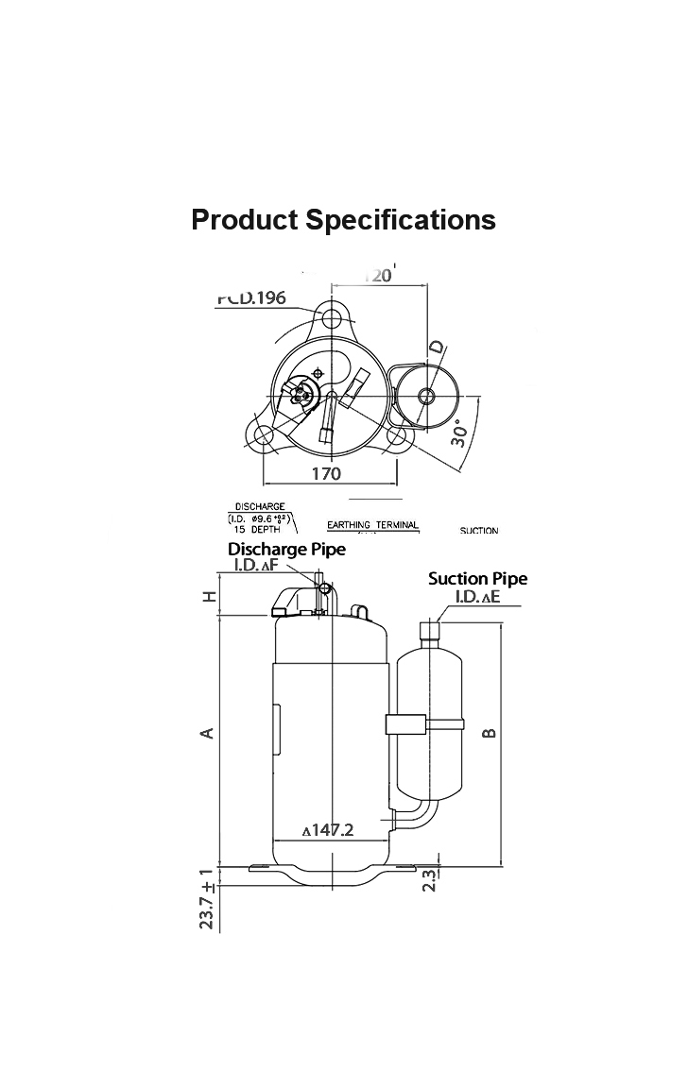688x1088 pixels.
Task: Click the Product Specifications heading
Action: point(343,219)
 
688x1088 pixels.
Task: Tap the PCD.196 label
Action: point(250,298)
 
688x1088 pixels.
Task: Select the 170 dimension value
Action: point(326,474)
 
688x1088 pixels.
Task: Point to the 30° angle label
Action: point(460,433)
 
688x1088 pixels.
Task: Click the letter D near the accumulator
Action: point(436,348)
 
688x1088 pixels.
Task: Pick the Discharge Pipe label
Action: point(286,549)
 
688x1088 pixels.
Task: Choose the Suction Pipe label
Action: point(477,578)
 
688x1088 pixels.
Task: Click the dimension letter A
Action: point(210,733)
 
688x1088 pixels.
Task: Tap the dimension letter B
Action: point(489,733)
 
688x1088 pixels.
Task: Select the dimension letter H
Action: point(210,596)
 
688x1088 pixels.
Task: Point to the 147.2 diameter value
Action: point(328,830)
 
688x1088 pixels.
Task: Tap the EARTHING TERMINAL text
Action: point(372,525)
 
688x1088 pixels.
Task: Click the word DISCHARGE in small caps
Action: point(260,507)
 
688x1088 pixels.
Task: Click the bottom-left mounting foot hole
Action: point(264,434)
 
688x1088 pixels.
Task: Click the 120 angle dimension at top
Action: point(378,275)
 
